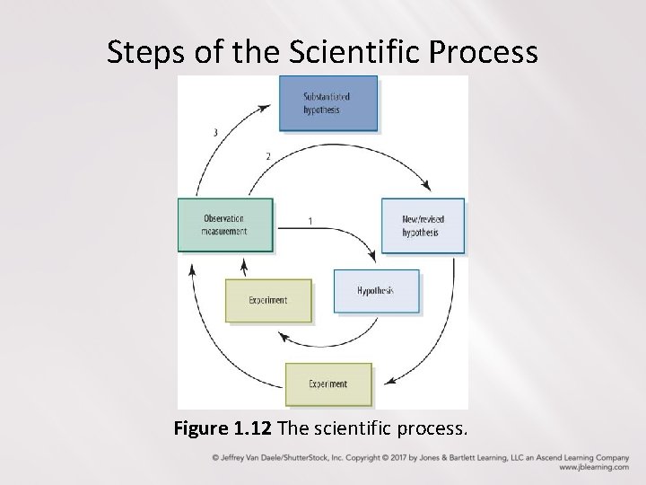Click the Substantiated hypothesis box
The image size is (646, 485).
tap(327, 103)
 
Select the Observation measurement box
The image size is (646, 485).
tap(224, 224)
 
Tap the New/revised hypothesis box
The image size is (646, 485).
tap(423, 225)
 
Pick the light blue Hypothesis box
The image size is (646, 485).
tap(376, 291)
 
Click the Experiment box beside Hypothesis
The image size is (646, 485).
tap(268, 300)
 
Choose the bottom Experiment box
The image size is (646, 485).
tap(328, 384)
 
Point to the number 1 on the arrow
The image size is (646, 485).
tap(310, 220)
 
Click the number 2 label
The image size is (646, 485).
tap(267, 157)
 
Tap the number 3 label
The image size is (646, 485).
tap(214, 133)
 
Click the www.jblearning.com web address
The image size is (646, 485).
tap(593, 467)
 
